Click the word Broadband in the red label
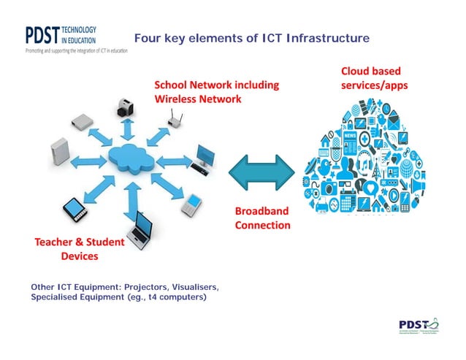click(261, 211)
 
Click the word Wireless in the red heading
click(177, 99)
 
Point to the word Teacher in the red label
click(55, 242)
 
